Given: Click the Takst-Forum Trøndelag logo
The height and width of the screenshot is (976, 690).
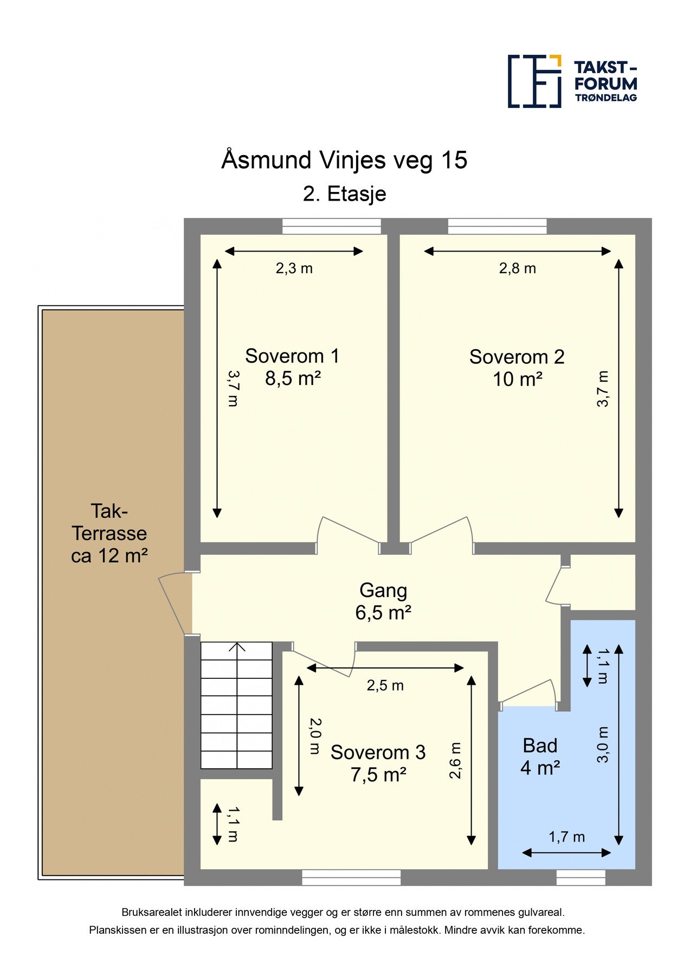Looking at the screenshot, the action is (x=572, y=81).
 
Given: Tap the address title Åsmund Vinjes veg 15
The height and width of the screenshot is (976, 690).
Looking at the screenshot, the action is (x=344, y=160).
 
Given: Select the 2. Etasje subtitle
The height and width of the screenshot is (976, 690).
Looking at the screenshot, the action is (x=345, y=194).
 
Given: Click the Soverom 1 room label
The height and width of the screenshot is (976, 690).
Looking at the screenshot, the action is (x=292, y=367).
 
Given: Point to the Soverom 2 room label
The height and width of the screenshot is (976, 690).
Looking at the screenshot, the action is (x=517, y=368).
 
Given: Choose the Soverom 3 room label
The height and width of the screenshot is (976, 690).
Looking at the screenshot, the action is (x=378, y=763).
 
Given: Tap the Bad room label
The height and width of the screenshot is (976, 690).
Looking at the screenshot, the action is (x=540, y=756).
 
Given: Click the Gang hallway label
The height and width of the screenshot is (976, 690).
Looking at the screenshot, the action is (x=383, y=601).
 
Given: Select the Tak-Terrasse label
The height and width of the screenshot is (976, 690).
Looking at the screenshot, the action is (x=109, y=533).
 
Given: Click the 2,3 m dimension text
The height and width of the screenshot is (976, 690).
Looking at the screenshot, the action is (x=294, y=268).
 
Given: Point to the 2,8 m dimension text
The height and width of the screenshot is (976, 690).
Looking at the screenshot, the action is (x=518, y=268).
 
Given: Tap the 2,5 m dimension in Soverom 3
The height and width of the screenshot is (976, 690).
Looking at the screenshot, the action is (x=385, y=685).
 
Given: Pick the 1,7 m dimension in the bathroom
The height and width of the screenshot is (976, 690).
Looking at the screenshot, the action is (x=567, y=837).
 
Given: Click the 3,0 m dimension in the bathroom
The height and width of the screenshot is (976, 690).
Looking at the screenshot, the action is (x=603, y=744).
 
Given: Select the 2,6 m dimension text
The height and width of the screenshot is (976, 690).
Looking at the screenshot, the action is (x=455, y=761).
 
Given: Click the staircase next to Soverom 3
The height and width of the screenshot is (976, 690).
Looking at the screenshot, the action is (x=236, y=705).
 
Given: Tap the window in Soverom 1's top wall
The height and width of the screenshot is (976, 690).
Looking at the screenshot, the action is (x=332, y=226).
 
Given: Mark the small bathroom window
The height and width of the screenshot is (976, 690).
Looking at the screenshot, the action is (x=581, y=877).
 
